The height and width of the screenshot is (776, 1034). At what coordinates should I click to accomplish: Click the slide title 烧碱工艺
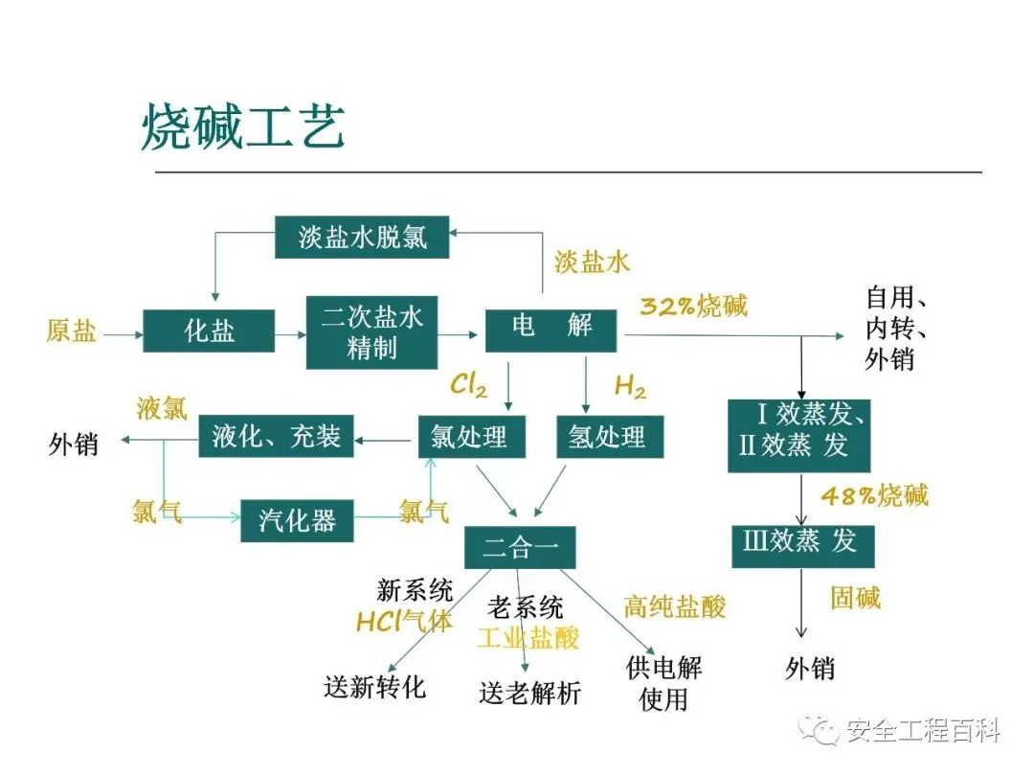click(x=242, y=127)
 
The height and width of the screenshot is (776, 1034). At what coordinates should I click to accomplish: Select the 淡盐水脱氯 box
click(x=362, y=237)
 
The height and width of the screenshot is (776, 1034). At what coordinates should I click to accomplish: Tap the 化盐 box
click(x=209, y=331)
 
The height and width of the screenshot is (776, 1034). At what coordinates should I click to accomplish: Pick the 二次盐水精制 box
click(x=371, y=331)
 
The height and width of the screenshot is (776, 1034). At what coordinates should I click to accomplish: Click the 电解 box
click(x=552, y=328)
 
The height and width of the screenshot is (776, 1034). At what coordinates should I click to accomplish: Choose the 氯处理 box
click(x=471, y=437)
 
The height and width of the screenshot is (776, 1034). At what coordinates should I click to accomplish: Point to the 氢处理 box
click(x=606, y=437)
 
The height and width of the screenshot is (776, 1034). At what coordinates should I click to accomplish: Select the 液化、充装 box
click(x=276, y=437)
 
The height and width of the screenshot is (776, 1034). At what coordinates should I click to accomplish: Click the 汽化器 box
click(x=297, y=519)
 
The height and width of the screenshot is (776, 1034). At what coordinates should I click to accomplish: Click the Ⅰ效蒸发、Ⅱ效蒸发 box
click(x=798, y=433)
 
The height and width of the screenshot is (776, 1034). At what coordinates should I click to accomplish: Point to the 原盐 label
click(x=71, y=331)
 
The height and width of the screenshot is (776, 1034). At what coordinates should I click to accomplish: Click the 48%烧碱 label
click(x=874, y=496)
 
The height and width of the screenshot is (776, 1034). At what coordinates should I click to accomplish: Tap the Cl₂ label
click(x=469, y=385)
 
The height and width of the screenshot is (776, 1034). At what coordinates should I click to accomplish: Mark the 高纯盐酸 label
click(x=675, y=606)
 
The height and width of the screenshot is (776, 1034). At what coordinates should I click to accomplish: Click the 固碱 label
click(x=855, y=599)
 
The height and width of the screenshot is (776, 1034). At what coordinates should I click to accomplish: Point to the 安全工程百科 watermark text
click(x=923, y=731)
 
